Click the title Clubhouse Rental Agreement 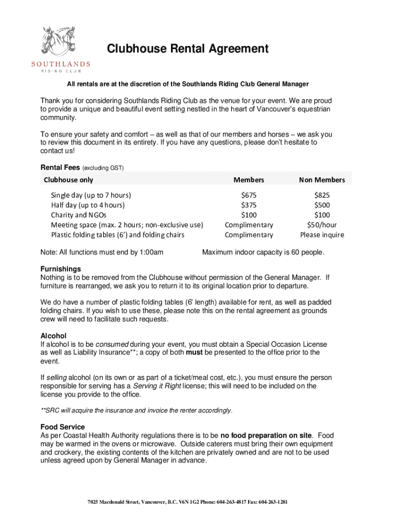pos(187,49)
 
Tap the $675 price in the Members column pos(249,195)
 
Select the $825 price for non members pos(322,195)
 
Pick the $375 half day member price pos(249,205)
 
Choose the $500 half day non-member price pos(322,205)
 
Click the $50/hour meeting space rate pos(322,225)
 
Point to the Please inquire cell pos(322,235)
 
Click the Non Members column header pos(322,180)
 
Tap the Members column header pos(249,180)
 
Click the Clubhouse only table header pos(68,180)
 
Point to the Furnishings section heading pos(60,269)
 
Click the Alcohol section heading pos(53,336)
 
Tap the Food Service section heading pos(62,426)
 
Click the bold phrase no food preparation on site pos(265,435)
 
